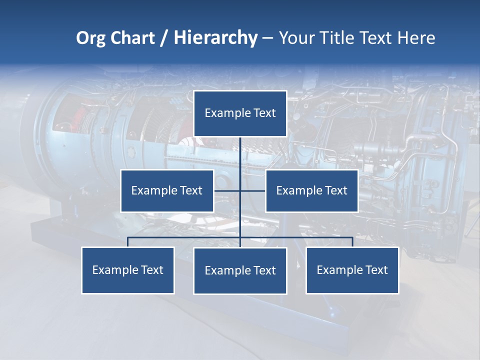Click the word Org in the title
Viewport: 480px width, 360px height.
[90, 38]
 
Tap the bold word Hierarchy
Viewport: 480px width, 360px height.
[215, 38]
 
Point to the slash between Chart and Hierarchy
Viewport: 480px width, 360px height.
[164, 38]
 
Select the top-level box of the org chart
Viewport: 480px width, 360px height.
[240, 113]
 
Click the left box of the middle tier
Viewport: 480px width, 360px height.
[167, 190]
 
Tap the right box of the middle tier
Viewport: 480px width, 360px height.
[311, 190]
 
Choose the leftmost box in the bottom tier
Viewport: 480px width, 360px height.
[128, 270]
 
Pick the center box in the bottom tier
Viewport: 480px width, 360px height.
[240, 271]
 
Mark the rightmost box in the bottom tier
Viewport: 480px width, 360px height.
[352, 270]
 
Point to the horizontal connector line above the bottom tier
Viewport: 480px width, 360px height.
[185, 237]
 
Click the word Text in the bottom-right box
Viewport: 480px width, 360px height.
[376, 270]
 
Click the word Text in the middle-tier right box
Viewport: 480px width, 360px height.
[335, 190]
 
